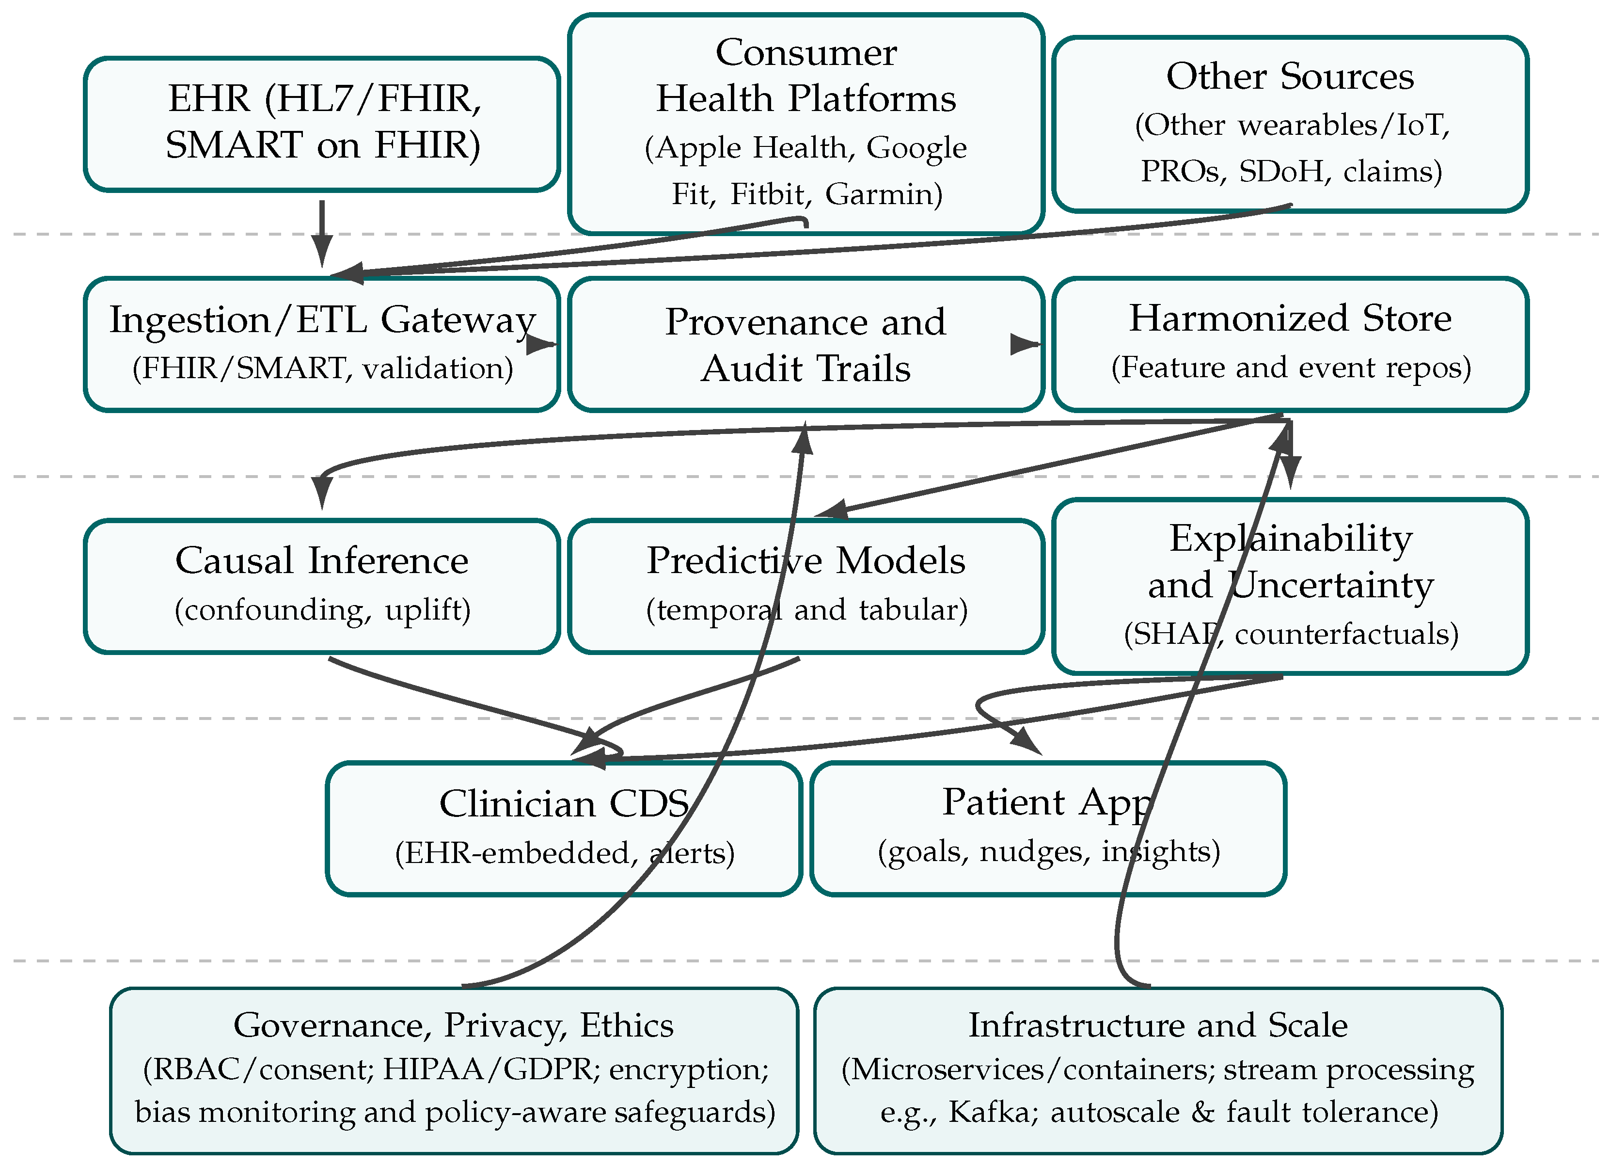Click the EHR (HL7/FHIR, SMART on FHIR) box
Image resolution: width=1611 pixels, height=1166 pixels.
(322, 124)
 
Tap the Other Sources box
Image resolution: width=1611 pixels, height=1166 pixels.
(1289, 124)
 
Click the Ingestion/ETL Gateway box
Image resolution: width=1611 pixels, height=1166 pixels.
(322, 344)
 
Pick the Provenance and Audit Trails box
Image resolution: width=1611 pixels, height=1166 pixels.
(805, 344)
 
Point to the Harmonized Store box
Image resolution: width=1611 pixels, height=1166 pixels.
(1289, 344)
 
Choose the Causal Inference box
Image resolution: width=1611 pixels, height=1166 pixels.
(322, 586)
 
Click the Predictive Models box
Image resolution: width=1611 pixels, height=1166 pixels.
(805, 586)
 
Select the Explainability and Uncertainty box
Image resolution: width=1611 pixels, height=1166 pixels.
(1289, 586)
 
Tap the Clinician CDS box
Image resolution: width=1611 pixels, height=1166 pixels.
(563, 829)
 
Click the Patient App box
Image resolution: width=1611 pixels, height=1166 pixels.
(1048, 829)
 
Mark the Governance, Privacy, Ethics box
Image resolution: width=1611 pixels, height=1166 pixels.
(455, 1070)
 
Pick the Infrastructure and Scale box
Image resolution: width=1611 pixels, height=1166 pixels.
(1158, 1070)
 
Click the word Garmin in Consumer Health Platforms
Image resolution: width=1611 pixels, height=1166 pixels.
(883, 194)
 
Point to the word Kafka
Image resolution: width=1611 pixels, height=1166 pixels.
(990, 1112)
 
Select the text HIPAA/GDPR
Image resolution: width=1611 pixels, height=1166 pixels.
(489, 1070)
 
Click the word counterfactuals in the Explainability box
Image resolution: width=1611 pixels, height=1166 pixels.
(1346, 634)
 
